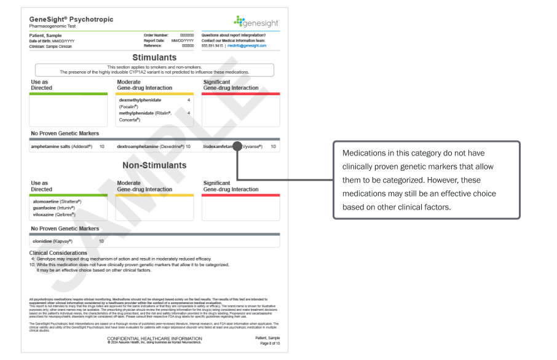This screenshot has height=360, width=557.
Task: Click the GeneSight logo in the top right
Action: [256, 22]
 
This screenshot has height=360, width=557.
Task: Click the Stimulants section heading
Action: [154, 57]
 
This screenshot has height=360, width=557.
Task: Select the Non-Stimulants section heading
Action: [154, 165]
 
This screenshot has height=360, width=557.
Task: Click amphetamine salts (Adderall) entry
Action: [61, 147]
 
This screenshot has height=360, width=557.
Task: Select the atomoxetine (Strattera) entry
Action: [57, 202]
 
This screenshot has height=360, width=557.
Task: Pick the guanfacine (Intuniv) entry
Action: [54, 208]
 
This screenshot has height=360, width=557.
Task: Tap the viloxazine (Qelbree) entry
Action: [54, 214]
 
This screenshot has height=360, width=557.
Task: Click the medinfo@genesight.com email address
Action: [248, 45]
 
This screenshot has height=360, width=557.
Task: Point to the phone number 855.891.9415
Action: [212, 45]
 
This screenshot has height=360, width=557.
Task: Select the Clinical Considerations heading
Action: [58, 252]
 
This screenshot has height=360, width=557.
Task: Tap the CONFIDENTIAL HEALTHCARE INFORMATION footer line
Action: [154, 338]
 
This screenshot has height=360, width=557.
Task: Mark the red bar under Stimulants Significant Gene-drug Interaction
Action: [241, 94]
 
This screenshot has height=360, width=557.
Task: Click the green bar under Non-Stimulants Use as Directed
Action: [68, 195]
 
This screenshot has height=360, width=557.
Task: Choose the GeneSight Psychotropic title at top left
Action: [71, 20]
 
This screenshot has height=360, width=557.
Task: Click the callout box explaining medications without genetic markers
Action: [427, 181]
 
